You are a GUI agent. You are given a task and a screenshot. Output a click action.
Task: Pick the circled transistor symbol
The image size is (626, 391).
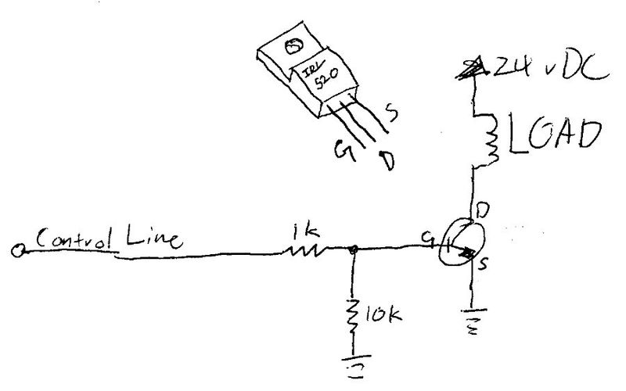[461, 246]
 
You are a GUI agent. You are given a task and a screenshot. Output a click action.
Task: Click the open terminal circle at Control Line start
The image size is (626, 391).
[17, 250]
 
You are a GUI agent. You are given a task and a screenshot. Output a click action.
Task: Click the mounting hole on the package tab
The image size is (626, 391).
[293, 47]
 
